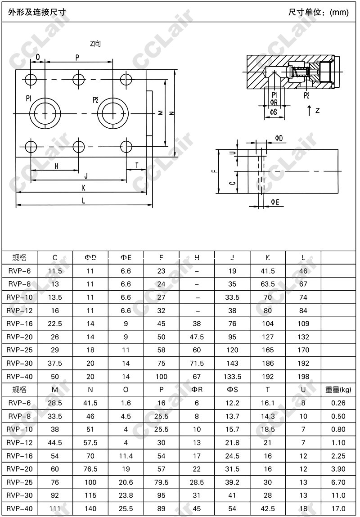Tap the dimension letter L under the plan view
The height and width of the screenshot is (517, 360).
tap(84, 201)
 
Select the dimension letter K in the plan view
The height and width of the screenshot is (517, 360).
tap(84, 188)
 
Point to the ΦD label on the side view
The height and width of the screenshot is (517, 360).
tap(279, 138)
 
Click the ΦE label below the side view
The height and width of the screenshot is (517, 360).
tap(275, 202)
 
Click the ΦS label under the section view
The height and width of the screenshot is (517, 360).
tap(273, 112)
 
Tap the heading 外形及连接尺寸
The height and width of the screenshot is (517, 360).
tap(37, 12)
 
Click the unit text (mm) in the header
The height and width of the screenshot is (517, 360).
tap(339, 12)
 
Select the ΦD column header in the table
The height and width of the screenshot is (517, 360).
tap(90, 258)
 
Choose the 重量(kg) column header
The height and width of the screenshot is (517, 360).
tap(338, 389)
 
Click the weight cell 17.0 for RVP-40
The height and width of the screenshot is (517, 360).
tap(338, 508)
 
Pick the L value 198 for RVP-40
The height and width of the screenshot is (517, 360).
tap(303, 376)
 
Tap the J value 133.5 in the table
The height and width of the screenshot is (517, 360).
tap(233, 376)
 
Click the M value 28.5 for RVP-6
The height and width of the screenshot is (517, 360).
tap(55, 403)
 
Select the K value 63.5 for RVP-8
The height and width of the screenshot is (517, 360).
tap(268, 284)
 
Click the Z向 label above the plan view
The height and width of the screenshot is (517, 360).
tap(95, 44)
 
